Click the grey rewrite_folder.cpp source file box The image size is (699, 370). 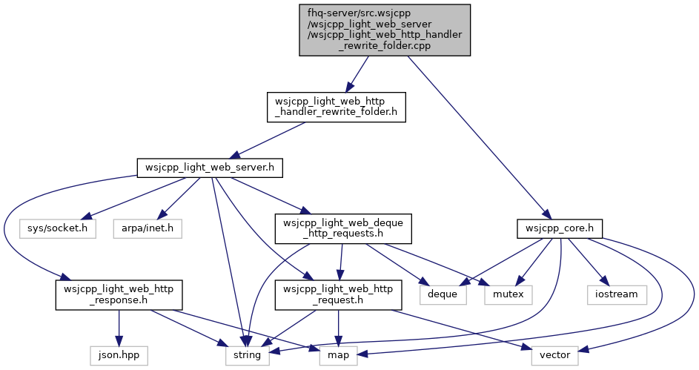(385, 30)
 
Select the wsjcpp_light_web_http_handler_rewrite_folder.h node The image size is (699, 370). (336, 107)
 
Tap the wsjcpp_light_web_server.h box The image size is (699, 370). (210, 168)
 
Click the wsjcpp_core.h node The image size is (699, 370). (560, 228)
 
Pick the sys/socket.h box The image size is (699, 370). (58, 228)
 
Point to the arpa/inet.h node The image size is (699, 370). (148, 228)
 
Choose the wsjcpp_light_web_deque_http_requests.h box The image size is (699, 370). (342, 228)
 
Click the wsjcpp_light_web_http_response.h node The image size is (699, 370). (119, 294)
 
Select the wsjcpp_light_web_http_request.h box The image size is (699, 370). (338, 294)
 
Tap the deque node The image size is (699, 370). (443, 294)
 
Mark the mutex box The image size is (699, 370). (508, 294)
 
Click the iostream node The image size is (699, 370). (617, 294)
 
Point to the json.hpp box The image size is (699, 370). (119, 355)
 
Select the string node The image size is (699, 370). (247, 355)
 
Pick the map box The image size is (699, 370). (338, 355)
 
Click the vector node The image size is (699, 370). (554, 355)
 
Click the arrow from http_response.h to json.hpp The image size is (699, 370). (119, 328)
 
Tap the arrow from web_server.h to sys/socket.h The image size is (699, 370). (135, 199)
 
